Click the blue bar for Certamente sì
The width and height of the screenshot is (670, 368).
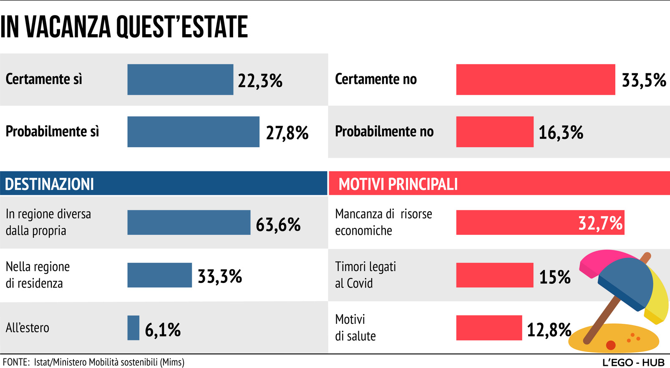pyautogui.click(x=180, y=79)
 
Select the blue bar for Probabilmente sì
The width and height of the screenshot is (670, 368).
pyautogui.click(x=193, y=132)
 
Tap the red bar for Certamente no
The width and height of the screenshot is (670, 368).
pyautogui.click(x=535, y=79)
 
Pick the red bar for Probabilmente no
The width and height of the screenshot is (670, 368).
pyautogui.click(x=495, y=132)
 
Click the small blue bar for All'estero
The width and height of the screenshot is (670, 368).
pyautogui.click(x=133, y=328)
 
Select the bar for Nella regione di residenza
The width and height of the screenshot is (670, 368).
pyautogui.click(x=159, y=275)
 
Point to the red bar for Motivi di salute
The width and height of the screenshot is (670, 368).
pyautogui.click(x=489, y=328)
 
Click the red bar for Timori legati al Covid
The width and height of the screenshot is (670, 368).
pyautogui.click(x=495, y=275)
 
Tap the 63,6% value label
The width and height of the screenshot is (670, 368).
pyautogui.click(x=278, y=225)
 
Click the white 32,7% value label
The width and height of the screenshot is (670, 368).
pyautogui.click(x=600, y=223)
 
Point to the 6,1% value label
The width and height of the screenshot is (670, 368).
pyautogui.click(x=163, y=330)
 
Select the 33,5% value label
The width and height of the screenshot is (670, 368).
pyautogui.click(x=644, y=80)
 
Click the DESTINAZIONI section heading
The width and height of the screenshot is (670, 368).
pyautogui.click(x=49, y=184)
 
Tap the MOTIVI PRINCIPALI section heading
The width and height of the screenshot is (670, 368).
pyautogui.click(x=398, y=184)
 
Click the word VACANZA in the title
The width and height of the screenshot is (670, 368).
pyautogui.click(x=68, y=27)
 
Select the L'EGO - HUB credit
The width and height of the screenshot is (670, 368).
pyautogui.click(x=633, y=362)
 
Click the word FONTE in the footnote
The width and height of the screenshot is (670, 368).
pyautogui.click(x=15, y=362)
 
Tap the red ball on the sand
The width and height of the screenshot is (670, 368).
pyautogui.click(x=611, y=345)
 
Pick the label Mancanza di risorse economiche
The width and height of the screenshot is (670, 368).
pyautogui.click(x=383, y=222)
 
